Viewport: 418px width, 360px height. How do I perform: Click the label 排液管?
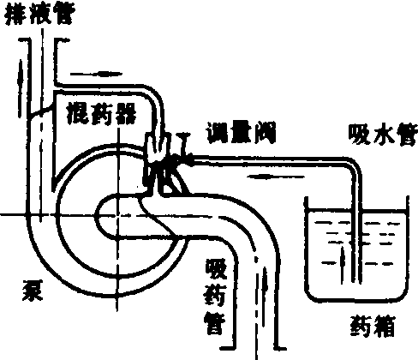[x=40, y=14]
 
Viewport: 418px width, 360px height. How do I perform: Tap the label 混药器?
[x=101, y=114]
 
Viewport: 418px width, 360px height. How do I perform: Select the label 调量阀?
[x=242, y=132]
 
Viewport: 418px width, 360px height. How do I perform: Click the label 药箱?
[x=373, y=326]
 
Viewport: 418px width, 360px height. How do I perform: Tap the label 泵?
[x=33, y=291]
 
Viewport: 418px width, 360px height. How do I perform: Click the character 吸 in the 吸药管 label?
[x=216, y=269]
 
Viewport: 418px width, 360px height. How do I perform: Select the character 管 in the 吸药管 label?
[x=215, y=324]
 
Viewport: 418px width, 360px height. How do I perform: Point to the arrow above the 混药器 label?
[x=96, y=74]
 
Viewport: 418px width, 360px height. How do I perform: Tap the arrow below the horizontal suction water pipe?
[x=276, y=177]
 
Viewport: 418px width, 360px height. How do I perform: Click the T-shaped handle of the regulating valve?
[x=182, y=143]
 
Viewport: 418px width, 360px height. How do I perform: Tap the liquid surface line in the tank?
[x=357, y=211]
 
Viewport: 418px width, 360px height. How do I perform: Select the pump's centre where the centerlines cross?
[x=117, y=215]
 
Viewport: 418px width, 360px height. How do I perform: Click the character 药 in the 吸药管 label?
[x=216, y=296]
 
